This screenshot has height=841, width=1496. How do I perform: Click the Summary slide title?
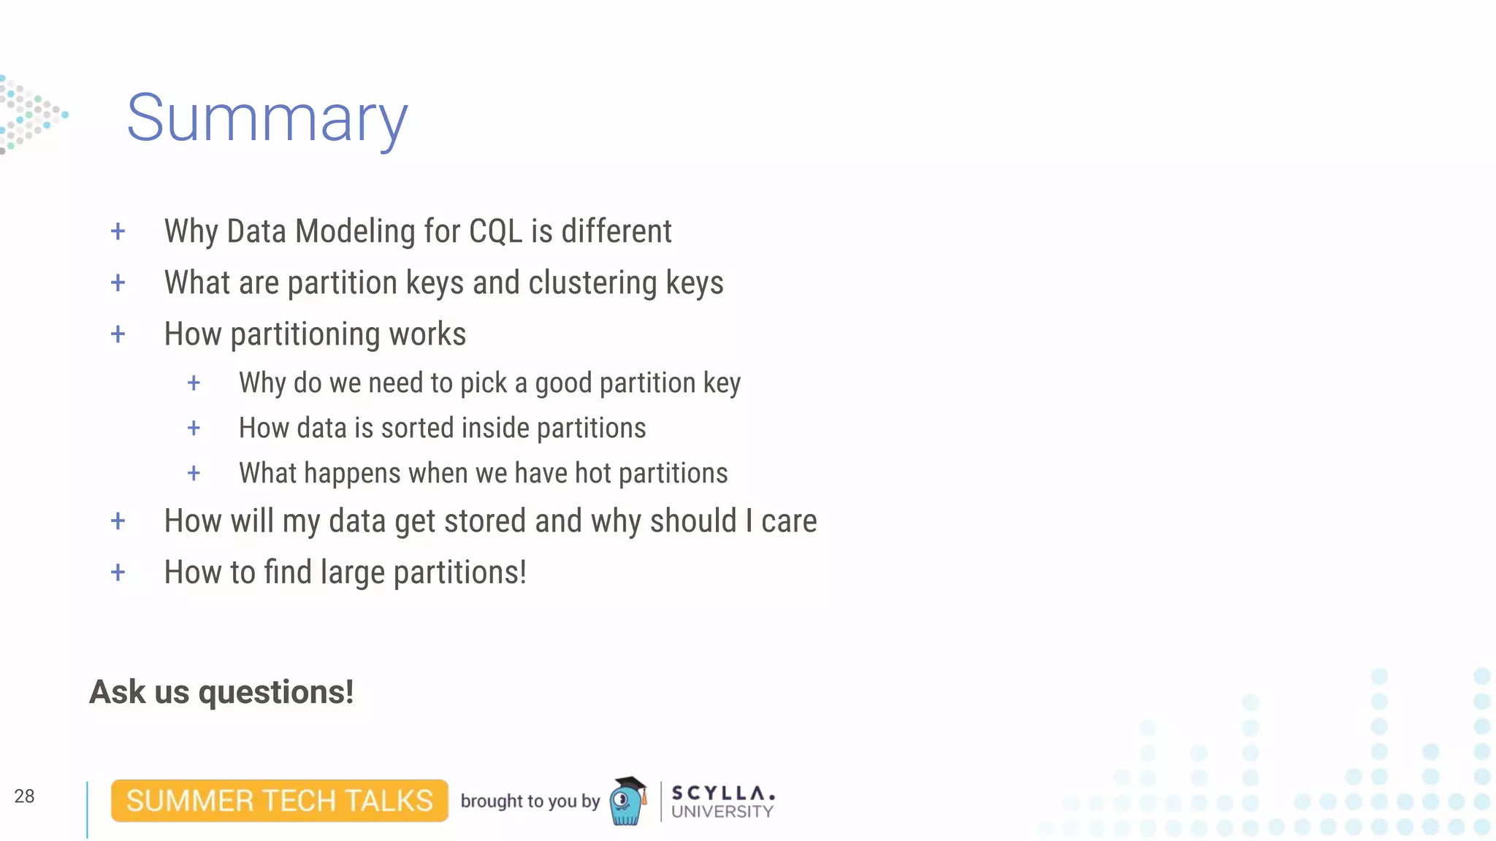267,118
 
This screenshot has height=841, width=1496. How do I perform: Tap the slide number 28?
24,796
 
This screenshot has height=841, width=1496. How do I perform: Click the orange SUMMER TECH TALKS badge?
279,801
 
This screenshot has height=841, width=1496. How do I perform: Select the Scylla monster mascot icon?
627,801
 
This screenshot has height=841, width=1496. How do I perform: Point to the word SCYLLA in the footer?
722,793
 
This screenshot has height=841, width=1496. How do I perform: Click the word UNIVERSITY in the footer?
722,812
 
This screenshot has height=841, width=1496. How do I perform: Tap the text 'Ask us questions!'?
221,692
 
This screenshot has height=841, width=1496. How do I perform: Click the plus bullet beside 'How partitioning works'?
118,334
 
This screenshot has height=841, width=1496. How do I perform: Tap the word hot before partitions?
592,474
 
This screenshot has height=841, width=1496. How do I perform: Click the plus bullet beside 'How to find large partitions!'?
118,572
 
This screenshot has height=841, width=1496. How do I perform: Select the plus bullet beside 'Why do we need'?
194,383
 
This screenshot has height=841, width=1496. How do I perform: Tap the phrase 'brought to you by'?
530,801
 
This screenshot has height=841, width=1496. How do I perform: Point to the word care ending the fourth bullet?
789,521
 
